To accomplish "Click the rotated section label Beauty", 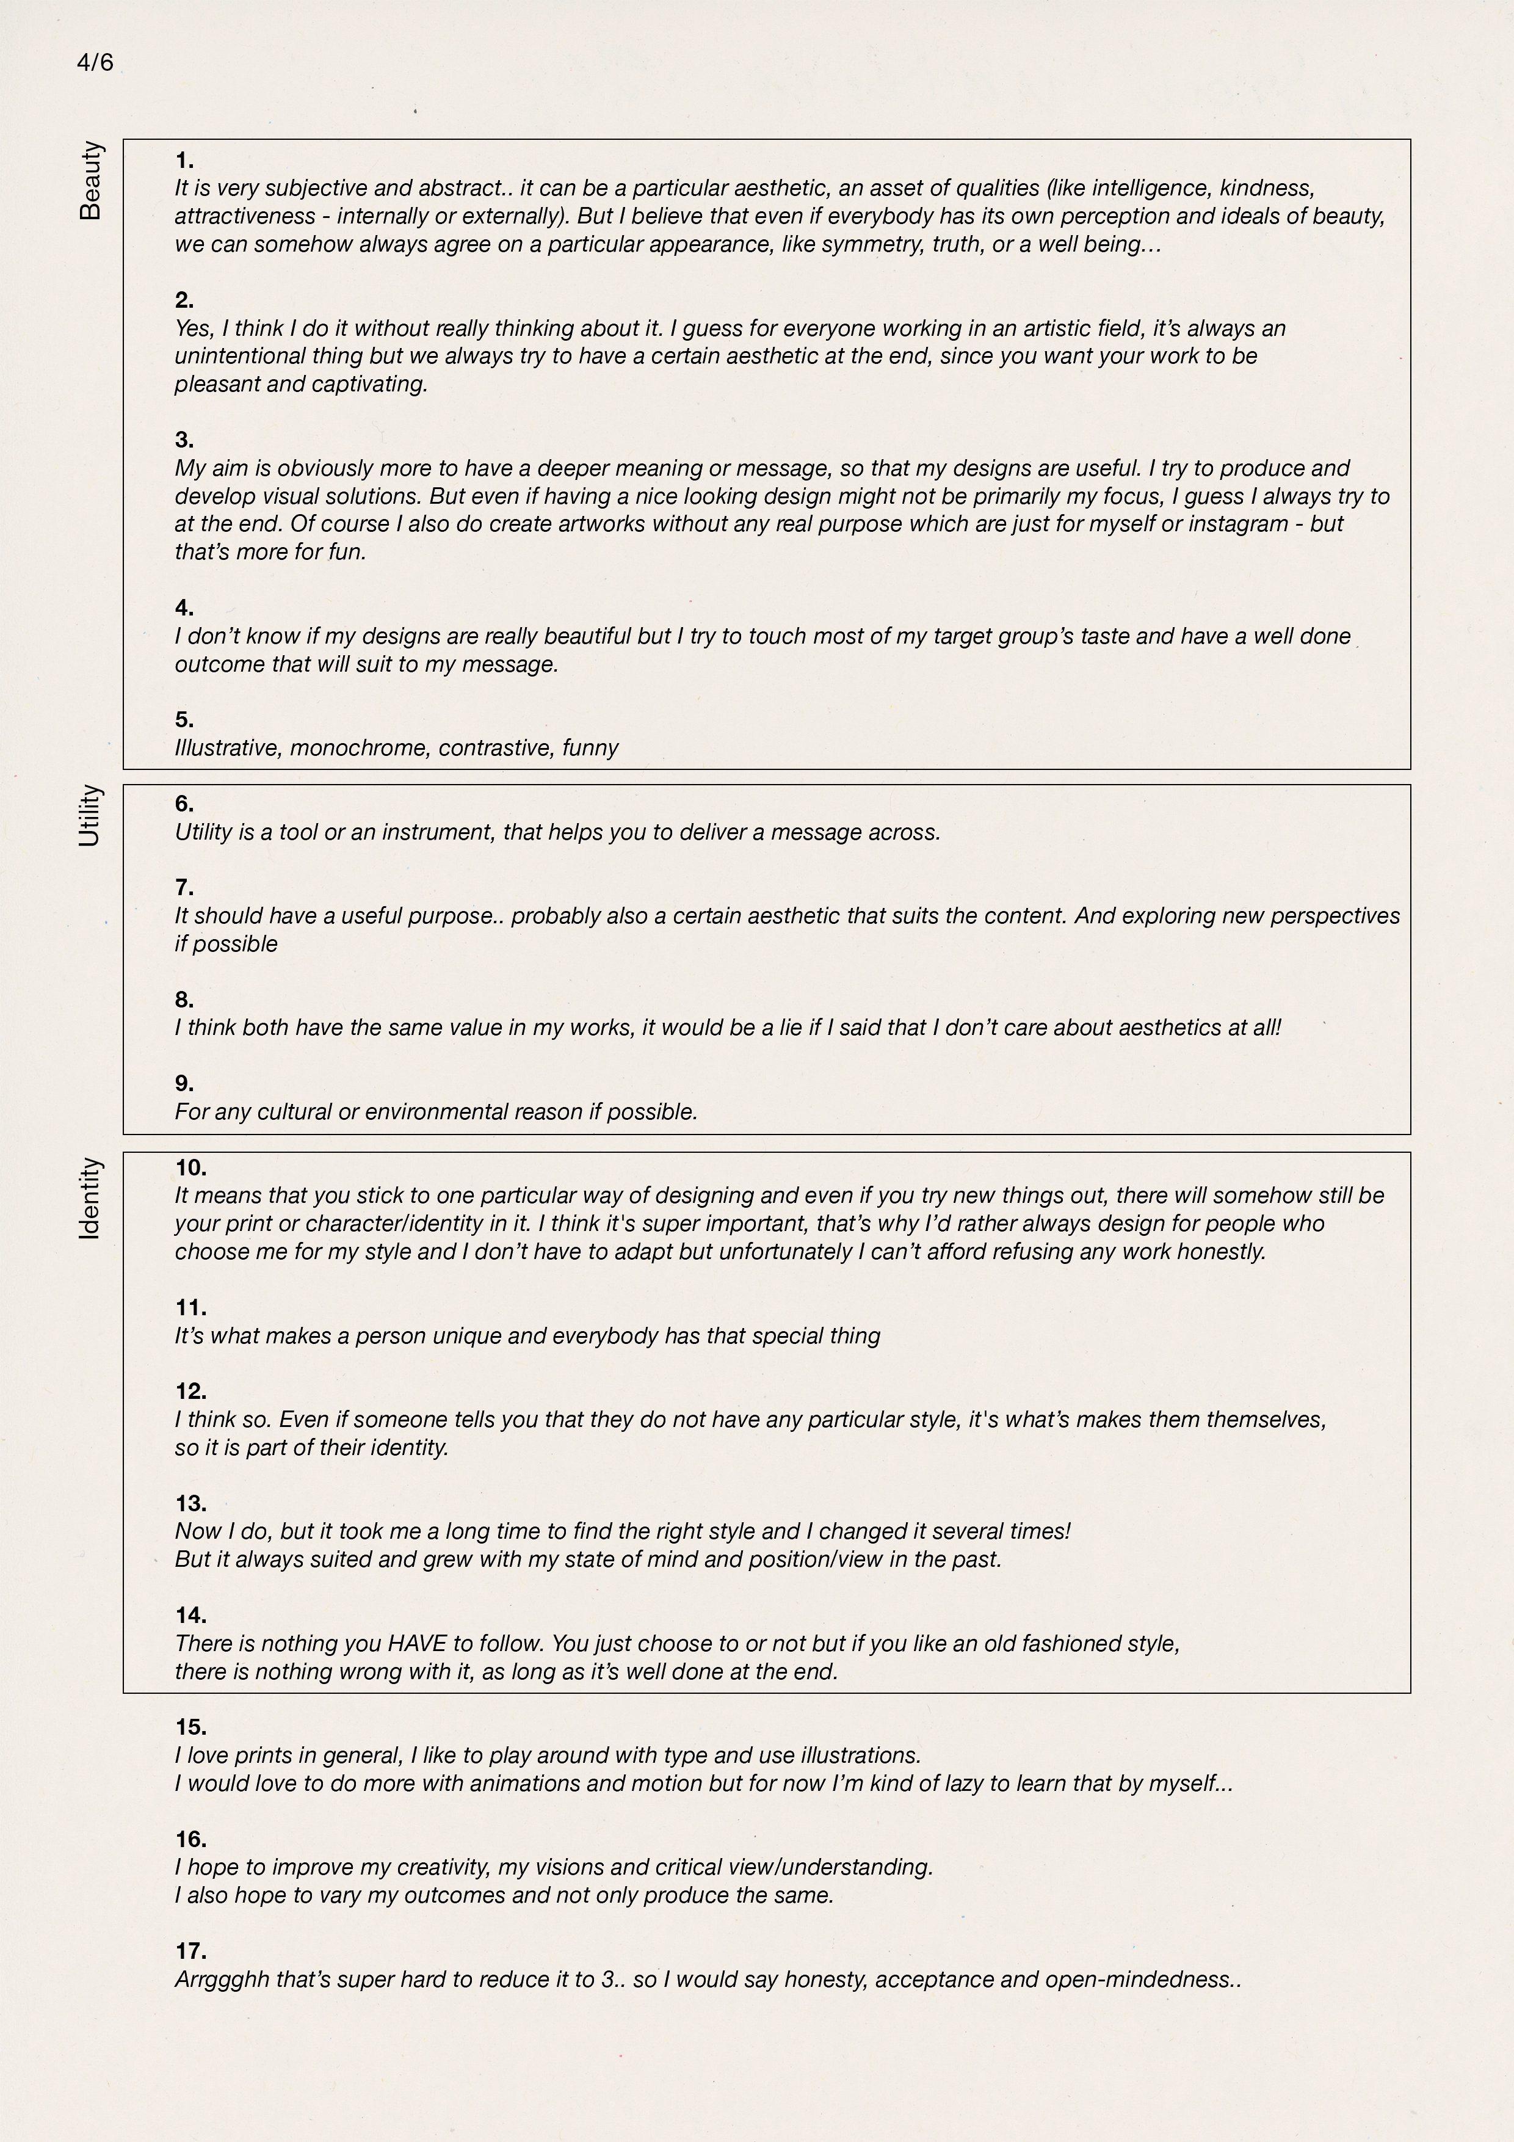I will tap(90, 180).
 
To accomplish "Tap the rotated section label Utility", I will tap(90, 815).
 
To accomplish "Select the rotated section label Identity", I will tap(90, 1199).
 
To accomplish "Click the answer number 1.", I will tap(184, 161).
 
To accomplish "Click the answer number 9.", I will tap(184, 1084).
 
